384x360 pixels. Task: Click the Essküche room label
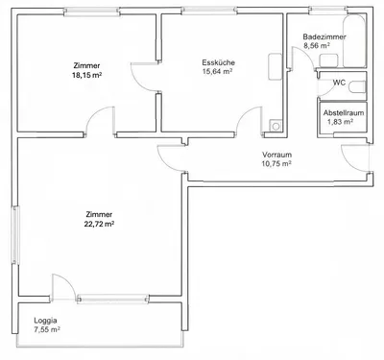click(218, 62)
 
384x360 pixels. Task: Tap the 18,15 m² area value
click(87, 76)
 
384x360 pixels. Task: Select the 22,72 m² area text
click(99, 224)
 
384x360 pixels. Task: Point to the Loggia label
click(45, 321)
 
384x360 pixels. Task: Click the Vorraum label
click(276, 155)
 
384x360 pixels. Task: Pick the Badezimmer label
click(324, 36)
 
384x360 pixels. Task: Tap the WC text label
click(339, 83)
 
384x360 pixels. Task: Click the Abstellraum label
click(344, 113)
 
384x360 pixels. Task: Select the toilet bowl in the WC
click(357, 87)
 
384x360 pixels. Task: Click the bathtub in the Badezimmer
click(354, 41)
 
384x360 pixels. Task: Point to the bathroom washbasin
click(328, 60)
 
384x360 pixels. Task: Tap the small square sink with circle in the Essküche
click(276, 125)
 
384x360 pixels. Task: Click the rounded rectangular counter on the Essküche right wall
click(275, 67)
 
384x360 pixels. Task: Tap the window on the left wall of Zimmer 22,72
click(15, 234)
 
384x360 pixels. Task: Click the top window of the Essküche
click(209, 12)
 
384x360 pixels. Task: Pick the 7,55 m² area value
click(47, 329)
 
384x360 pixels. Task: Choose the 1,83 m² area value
click(340, 122)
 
